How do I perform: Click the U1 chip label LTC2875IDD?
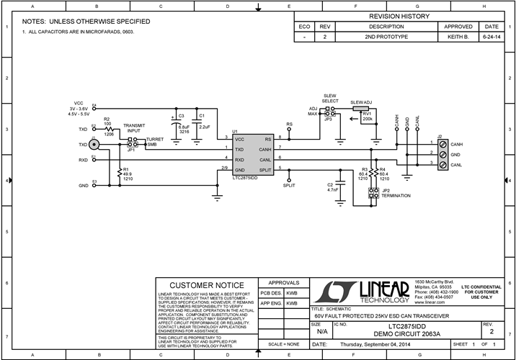point(246,176)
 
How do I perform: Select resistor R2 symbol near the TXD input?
point(108,127)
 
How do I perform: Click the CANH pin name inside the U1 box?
point(264,148)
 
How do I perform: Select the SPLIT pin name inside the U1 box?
point(265,169)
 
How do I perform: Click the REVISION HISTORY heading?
point(399,17)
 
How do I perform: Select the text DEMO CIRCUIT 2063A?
point(397,334)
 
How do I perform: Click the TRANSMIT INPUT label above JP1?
point(134,127)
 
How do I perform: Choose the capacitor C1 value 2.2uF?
point(204,127)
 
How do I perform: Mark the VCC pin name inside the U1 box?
point(239,138)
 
